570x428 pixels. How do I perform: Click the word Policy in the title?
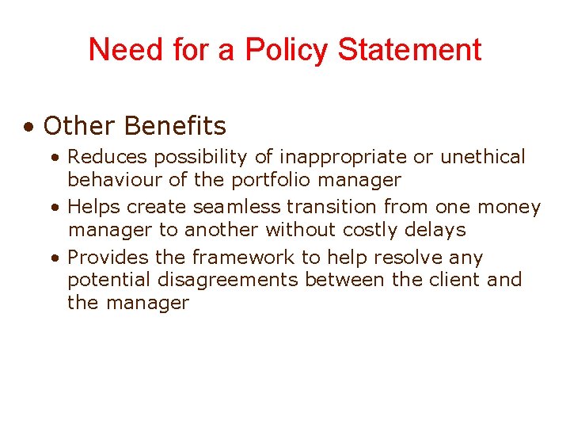287,50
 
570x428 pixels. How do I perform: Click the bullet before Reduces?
53,158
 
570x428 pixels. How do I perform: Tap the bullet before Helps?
53,208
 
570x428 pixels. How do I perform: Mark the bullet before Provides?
53,258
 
